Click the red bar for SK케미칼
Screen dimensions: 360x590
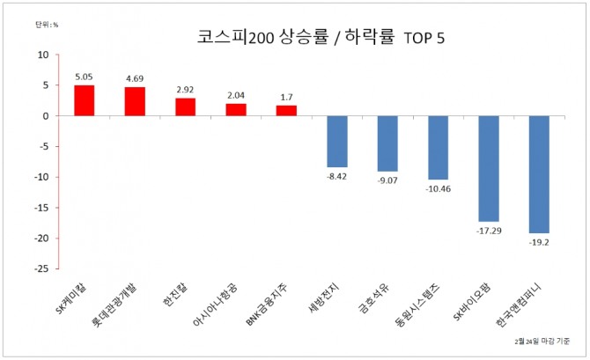coord(85,100)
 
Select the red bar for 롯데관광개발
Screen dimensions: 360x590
coord(135,101)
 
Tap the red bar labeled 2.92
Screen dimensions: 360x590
coord(186,107)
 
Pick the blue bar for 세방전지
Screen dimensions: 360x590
coord(337,142)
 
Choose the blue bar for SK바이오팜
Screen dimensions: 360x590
coord(489,168)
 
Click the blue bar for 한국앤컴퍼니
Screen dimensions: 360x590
coord(539,174)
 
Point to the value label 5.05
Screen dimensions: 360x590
coord(85,77)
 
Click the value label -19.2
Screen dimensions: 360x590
coord(539,242)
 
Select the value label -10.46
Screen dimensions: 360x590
coord(439,188)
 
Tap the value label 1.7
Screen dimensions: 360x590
coord(287,97)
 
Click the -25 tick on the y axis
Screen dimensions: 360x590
coord(41,268)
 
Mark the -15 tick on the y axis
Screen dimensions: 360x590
coord(41,208)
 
